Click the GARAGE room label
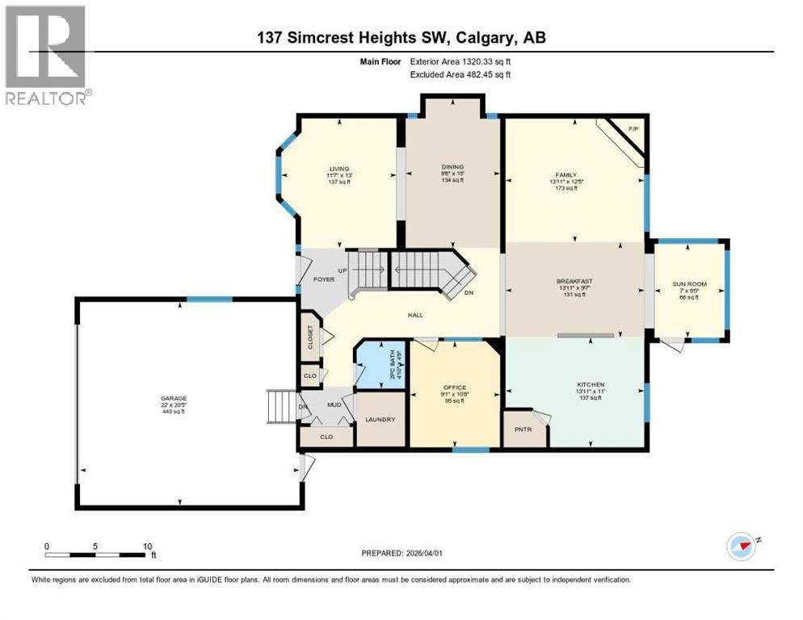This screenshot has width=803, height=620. coord(173,398)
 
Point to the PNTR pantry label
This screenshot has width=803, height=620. coord(523,429)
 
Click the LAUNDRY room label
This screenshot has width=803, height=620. coord(380,419)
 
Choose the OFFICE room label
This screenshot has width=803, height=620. coord(454,387)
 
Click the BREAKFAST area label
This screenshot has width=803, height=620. coord(574,281)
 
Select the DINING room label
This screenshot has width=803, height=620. coord(452,167)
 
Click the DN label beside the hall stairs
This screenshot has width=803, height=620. coord(469,292)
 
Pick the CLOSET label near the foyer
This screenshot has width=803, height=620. coord(309,337)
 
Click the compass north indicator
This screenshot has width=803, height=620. coord(741,546)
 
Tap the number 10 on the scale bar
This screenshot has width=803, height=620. coord(148,546)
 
